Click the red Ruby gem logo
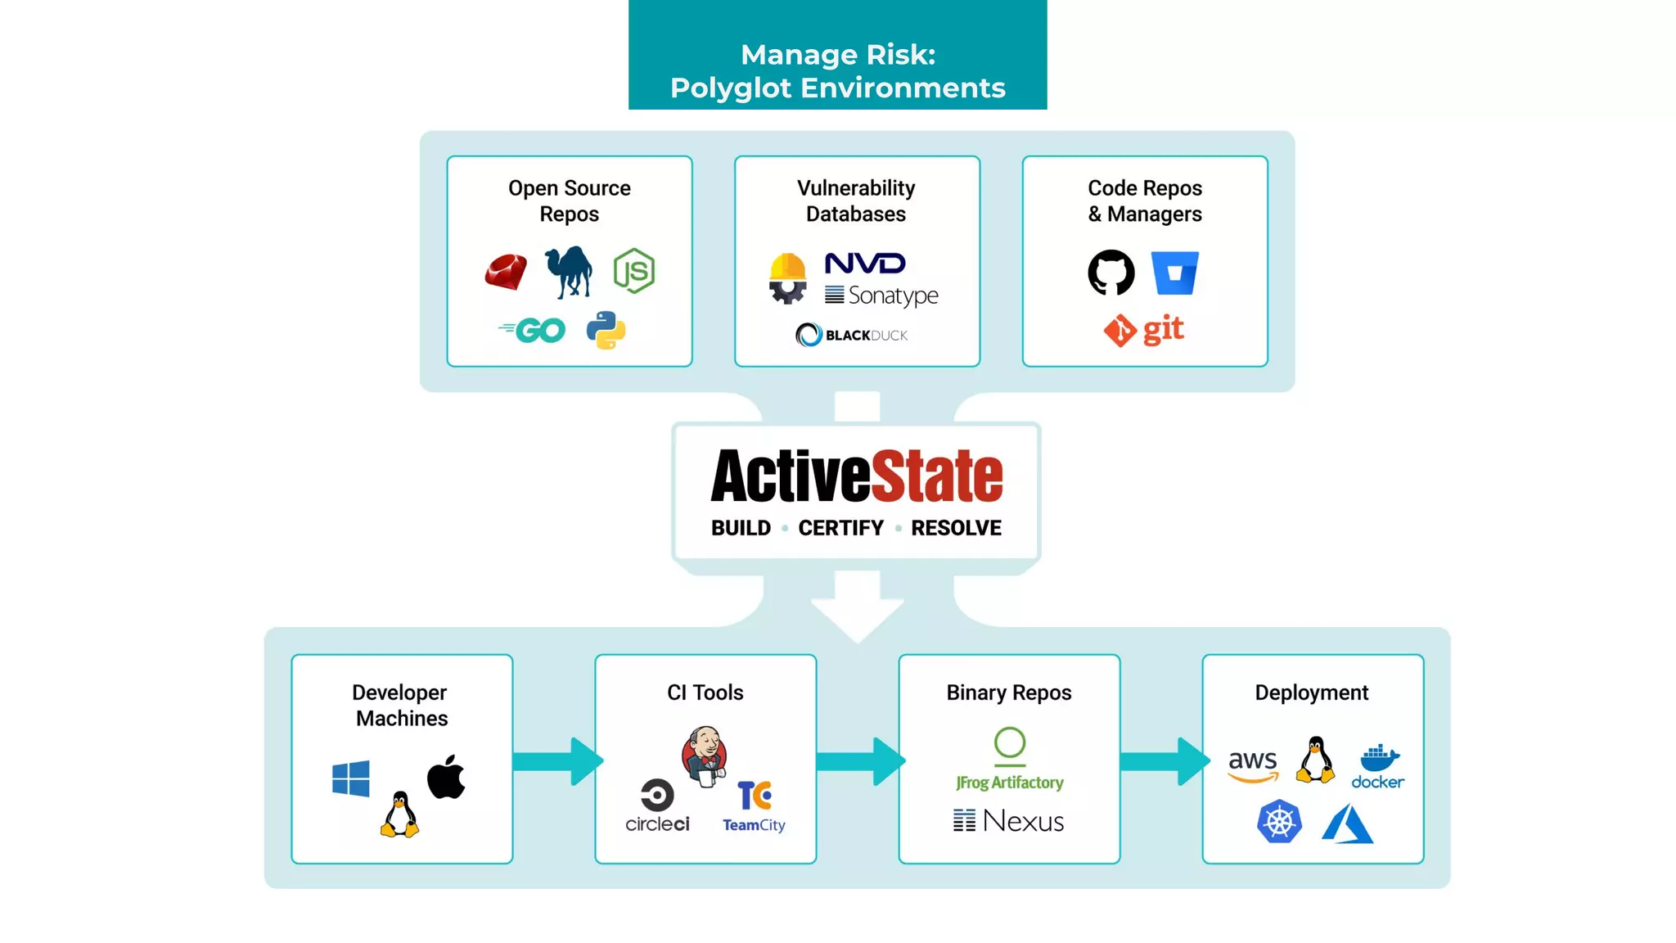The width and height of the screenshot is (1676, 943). point(506,272)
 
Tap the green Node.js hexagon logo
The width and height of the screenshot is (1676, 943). point(634,271)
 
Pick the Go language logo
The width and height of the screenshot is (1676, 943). point(533,330)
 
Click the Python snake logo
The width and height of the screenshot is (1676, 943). point(606,330)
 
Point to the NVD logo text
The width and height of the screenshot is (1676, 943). point(865,264)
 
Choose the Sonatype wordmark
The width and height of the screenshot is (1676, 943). point(882,296)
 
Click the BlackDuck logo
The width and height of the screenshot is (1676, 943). point(852,335)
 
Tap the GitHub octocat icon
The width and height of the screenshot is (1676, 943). point(1111,273)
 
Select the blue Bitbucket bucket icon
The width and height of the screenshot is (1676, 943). point(1174,273)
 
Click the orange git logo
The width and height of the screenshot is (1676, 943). point(1144,330)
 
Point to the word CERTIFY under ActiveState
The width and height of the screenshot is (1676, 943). point(841,528)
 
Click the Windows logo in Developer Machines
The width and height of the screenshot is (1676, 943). point(351,778)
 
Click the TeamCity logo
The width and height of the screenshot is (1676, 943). point(754,807)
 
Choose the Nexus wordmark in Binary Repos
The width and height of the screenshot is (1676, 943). point(1009,820)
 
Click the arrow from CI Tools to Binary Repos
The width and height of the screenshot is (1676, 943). point(859,761)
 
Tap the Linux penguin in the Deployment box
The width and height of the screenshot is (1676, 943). point(1315,760)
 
